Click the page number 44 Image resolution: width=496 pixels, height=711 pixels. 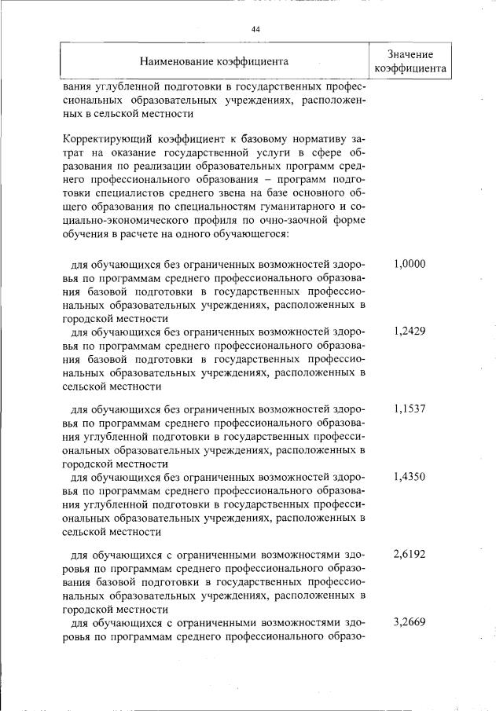coord(255,29)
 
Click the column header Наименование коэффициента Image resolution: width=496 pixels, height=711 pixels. coord(214,60)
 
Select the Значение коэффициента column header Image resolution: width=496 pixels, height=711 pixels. coord(410,60)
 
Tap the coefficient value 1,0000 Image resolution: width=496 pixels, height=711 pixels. coord(409,264)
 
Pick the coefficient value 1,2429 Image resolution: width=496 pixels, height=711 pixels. coord(409,332)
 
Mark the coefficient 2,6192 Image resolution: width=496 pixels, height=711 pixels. coord(409,554)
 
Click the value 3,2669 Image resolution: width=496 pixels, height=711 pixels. coord(409,621)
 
